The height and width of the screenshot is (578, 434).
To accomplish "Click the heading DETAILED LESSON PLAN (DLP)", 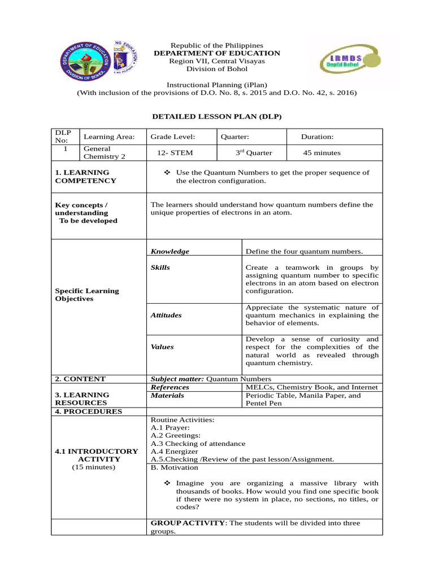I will coord(217,116).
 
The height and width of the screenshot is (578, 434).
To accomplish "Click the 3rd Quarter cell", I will coord(254,153).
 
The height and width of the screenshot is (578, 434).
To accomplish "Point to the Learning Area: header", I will coord(109,137).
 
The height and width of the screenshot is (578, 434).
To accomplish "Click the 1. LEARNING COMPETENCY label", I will coord(85,177).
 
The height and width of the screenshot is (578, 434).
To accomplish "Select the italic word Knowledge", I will coord(170,251).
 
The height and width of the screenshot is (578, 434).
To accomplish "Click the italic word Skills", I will coord(160,267).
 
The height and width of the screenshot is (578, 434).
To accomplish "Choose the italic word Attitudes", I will coord(166,315).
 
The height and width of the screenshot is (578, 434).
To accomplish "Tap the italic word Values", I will coord(162,347).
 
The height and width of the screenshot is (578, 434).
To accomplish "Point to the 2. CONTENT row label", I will coord(80,379).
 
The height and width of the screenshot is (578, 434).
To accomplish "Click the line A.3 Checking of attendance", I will coord(198,443).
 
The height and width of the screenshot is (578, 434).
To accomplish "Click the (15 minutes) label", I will coord(93,467).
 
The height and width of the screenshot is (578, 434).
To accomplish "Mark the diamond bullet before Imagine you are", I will coord(167,484).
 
